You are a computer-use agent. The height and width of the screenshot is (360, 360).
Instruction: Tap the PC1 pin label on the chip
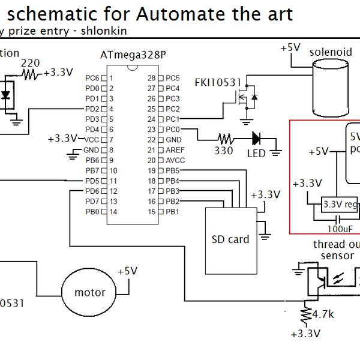pos(173,119)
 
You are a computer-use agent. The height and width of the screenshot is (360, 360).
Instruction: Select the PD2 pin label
pos(92,109)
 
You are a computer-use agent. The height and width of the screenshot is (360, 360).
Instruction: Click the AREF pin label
pos(175,150)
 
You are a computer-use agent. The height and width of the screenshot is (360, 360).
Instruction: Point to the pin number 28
pos(151,79)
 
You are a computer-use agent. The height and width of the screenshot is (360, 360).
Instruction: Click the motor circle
pos(90,293)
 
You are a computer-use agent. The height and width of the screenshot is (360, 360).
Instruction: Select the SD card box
pos(230,239)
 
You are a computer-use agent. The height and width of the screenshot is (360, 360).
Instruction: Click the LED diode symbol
pos(257,138)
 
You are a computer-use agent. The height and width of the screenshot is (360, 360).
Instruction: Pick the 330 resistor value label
pos(224,151)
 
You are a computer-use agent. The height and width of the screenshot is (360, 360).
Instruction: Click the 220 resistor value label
pos(31,62)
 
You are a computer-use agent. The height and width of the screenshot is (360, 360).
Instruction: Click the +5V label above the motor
pos(127,271)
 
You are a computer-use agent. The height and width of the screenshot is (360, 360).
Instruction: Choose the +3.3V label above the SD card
pos(265,195)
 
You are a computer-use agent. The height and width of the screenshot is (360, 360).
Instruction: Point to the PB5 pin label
pos(173,170)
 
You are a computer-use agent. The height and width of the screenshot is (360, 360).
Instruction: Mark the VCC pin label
pos(92,139)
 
